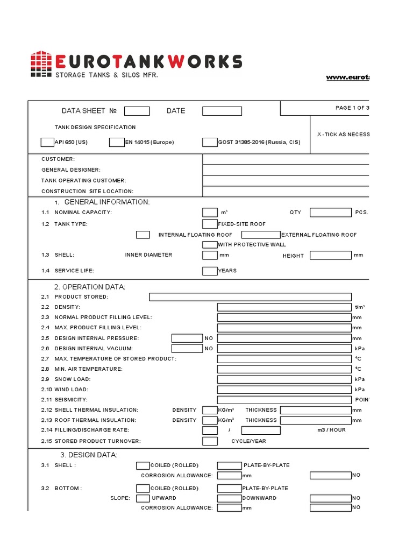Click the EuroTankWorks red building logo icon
[41, 64]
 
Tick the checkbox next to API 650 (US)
[47, 143]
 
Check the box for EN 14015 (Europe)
[116, 143]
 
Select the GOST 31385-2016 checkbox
[210, 143]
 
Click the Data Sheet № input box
[137, 111]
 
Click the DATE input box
[222, 111]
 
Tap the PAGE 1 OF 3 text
[352, 108]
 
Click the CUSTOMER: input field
[286, 159]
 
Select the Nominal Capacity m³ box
[210, 213]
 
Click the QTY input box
[330, 213]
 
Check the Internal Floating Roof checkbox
[143, 235]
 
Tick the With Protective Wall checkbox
[210, 245]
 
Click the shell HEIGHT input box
[330, 255]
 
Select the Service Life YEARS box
[210, 271]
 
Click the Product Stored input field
[250, 297]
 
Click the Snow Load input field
[284, 379]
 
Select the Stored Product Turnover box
[210, 441]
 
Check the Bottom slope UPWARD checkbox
[143, 498]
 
